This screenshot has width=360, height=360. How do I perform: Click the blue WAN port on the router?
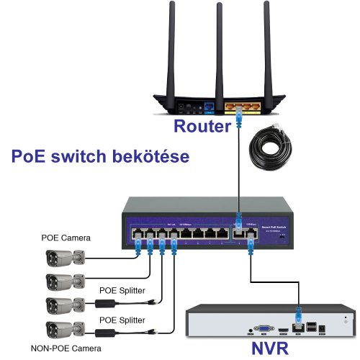(x=209, y=107)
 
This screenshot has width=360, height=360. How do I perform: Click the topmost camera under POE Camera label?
(x=66, y=257)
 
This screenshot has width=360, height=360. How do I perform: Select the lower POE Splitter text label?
(x=119, y=318)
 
